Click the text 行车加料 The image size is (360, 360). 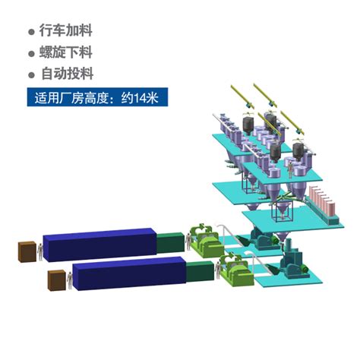click(65, 30)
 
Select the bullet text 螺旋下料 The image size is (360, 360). click(65, 52)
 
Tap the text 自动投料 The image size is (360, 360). click(68, 74)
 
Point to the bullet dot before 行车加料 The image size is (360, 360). click(31, 32)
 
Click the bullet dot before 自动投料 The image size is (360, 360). click(31, 75)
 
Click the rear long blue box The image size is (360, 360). click(99, 245)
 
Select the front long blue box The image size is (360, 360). click(129, 273)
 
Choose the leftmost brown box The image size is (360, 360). click(27, 251)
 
